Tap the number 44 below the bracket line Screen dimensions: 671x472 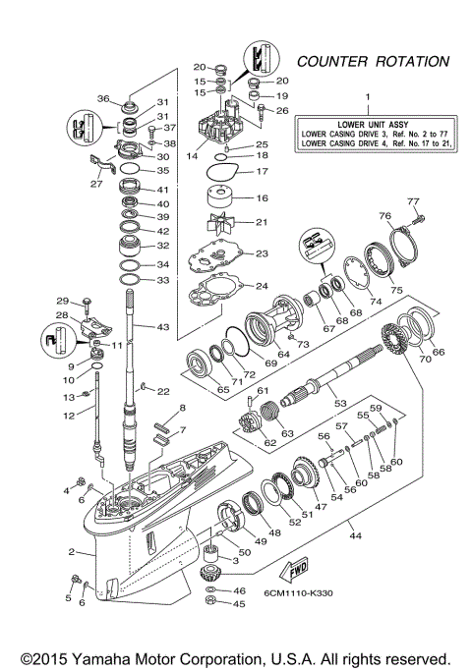click(355, 536)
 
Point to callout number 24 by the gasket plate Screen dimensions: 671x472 click(261, 287)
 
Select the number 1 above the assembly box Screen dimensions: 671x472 click(370, 97)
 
